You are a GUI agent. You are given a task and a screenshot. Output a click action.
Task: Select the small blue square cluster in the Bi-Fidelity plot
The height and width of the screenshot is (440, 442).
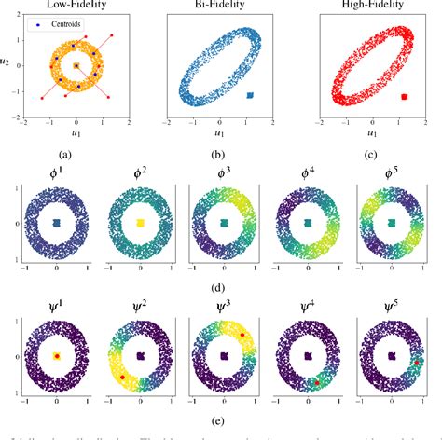click(249, 95)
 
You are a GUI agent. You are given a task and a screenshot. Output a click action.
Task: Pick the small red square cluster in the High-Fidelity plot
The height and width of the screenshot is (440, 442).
click(403, 96)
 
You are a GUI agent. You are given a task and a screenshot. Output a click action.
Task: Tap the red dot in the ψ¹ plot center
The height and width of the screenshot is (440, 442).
click(57, 356)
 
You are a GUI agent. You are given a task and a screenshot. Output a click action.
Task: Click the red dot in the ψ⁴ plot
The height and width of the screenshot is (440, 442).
click(316, 381)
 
